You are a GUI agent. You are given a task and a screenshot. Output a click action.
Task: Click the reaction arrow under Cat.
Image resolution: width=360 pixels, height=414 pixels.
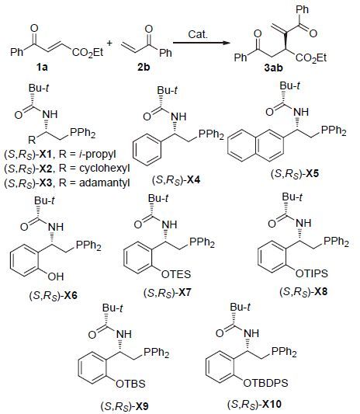tap(201, 43)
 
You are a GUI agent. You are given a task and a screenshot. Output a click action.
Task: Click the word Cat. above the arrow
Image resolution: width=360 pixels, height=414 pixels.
tap(198, 34)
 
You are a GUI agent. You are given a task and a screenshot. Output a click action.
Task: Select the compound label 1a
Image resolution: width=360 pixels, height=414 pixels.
tap(42, 68)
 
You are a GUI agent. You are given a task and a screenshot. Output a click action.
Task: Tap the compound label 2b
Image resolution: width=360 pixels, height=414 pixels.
tap(144, 67)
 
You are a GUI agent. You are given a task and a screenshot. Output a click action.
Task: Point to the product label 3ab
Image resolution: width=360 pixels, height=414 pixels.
tap(273, 68)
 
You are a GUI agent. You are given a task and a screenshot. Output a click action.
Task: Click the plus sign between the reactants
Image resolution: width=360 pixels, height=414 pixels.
tap(109, 43)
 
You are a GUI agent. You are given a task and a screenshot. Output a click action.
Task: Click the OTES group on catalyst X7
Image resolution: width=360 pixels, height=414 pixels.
tap(176, 274)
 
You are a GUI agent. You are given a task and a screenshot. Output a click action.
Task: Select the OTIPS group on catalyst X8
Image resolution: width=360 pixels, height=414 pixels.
tap(311, 273)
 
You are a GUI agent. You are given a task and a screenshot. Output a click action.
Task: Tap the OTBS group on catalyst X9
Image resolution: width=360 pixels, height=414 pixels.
tap(130, 384)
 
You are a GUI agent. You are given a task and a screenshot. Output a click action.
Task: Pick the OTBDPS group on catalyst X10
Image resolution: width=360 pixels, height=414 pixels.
tap(265, 383)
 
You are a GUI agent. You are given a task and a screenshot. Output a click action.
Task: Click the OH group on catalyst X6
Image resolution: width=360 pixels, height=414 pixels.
tap(56, 277)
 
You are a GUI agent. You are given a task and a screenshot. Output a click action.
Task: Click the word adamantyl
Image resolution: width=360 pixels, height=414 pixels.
tap(105, 183)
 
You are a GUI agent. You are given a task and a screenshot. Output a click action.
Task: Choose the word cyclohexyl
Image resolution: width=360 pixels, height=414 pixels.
tap(105, 169)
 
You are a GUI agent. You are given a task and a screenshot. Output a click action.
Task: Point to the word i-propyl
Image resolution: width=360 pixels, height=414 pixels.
tap(98, 154)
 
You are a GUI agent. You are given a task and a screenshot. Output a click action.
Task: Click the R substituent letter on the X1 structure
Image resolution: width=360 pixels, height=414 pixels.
tap(32, 139)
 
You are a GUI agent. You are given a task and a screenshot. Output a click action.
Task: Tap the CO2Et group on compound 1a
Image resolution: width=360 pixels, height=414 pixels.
tap(88, 52)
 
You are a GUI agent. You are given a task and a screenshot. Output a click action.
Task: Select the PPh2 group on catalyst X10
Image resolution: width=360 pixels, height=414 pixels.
tap(284, 352)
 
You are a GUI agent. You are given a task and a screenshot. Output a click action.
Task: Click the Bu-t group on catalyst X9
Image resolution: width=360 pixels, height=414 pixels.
tap(112, 308)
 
